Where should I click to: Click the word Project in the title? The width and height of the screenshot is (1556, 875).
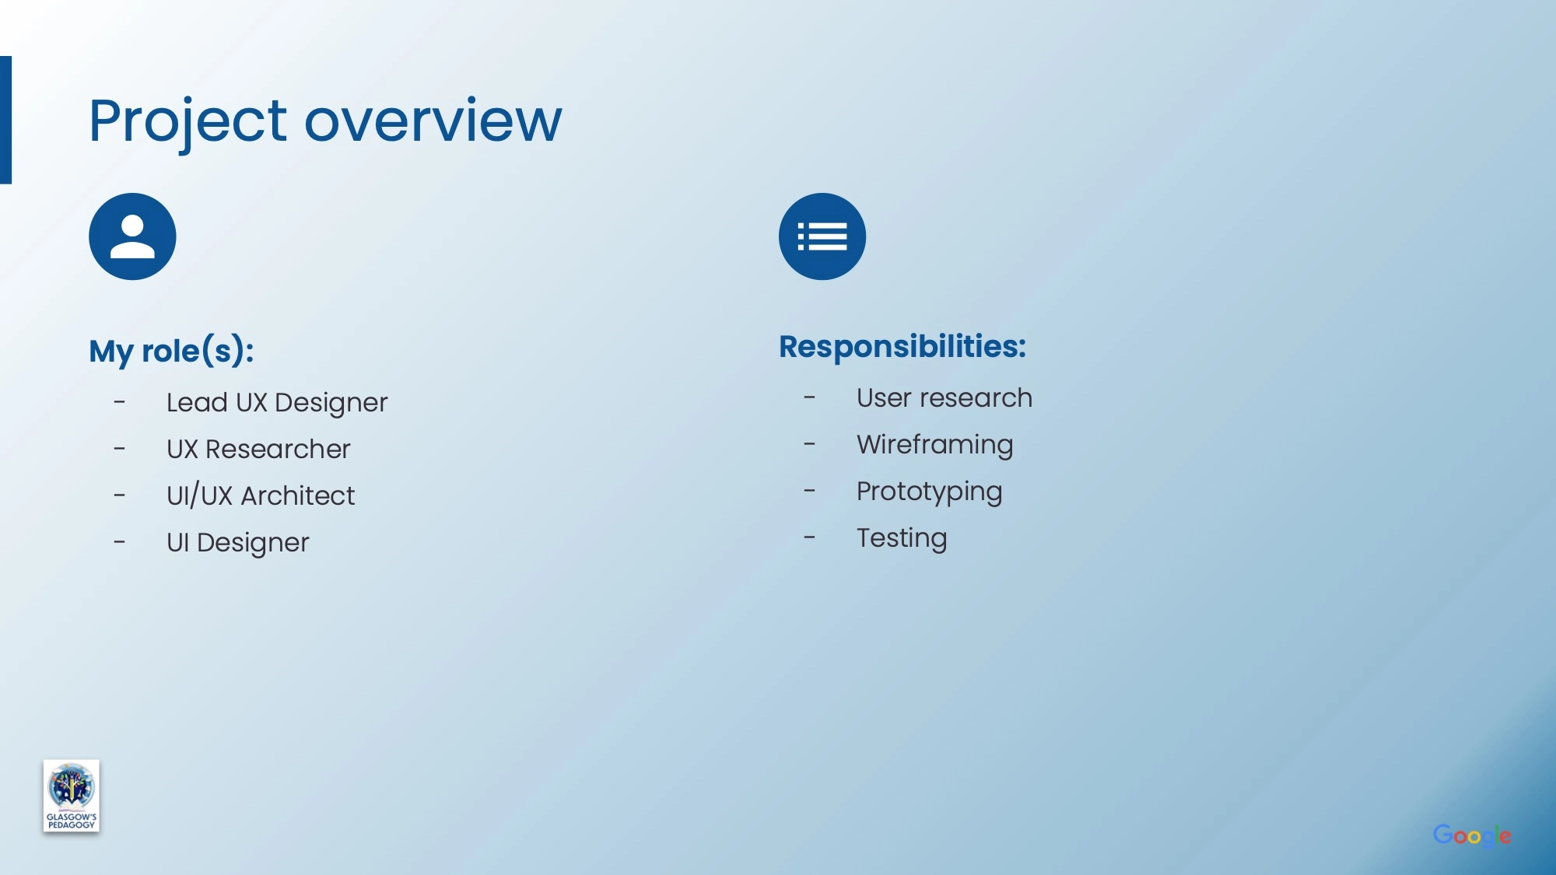[x=187, y=123]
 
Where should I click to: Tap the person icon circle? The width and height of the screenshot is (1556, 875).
[x=132, y=236]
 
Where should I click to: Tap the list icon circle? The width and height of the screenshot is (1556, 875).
[x=822, y=236]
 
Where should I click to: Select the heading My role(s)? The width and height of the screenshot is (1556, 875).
[x=171, y=351]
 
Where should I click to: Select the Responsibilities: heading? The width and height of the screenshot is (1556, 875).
[x=902, y=346]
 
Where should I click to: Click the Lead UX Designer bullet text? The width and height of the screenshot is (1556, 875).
[x=277, y=403]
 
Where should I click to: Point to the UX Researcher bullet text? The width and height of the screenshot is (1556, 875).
[x=258, y=449]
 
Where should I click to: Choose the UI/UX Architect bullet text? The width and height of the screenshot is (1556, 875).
[x=261, y=495]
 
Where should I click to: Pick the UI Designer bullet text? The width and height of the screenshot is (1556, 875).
[x=238, y=543]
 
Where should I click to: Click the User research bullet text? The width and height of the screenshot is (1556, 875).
[x=944, y=397]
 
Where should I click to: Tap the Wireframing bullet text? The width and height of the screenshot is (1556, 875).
[x=935, y=445]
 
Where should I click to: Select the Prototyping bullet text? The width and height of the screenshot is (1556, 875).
[x=930, y=492]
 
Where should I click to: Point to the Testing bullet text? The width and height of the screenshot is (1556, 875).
[x=902, y=538]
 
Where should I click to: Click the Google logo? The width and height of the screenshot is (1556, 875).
[x=1472, y=835]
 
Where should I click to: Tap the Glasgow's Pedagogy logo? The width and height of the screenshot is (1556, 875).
[x=72, y=796]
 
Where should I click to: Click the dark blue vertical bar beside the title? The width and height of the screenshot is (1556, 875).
[x=5, y=120]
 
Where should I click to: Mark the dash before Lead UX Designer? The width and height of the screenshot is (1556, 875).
[x=119, y=402]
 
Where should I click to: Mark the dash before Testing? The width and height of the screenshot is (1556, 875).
[x=809, y=537]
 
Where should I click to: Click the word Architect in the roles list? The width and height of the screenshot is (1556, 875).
[x=298, y=495]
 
